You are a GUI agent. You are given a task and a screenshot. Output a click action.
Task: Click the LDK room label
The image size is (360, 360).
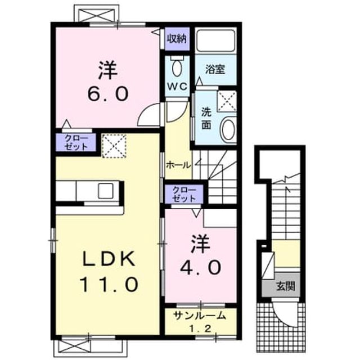[109, 259]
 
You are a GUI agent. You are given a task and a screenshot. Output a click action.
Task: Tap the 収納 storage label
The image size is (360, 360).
[177, 39]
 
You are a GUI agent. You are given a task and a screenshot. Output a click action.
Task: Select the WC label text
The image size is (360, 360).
[177, 87]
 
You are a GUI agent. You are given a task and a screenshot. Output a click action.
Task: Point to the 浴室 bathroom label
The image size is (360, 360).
[215, 69]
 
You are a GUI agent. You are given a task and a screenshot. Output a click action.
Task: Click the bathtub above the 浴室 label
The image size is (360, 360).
[215, 40]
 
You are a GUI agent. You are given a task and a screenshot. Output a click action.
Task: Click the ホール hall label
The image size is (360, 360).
[178, 165]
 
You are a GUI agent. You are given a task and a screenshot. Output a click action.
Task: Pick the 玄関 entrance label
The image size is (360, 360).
[285, 286]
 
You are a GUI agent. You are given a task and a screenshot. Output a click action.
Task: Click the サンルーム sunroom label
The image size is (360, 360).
[200, 316]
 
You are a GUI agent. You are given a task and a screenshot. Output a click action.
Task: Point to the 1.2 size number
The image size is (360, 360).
[200, 328]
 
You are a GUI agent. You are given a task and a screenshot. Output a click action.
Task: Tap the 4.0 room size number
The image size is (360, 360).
[201, 267]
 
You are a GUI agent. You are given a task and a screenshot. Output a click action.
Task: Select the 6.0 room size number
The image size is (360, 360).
[108, 94]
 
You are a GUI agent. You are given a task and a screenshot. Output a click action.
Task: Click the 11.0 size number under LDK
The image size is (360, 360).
[109, 284]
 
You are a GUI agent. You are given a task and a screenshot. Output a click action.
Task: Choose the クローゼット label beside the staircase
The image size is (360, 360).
[184, 194]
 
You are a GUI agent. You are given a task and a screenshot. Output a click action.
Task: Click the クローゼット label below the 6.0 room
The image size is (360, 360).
[76, 142]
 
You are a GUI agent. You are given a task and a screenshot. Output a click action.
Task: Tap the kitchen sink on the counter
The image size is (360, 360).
[106, 191]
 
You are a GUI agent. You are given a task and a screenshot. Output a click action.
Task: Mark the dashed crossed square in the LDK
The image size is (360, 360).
[114, 146]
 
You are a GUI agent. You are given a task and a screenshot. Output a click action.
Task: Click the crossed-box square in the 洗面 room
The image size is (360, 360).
[227, 101]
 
